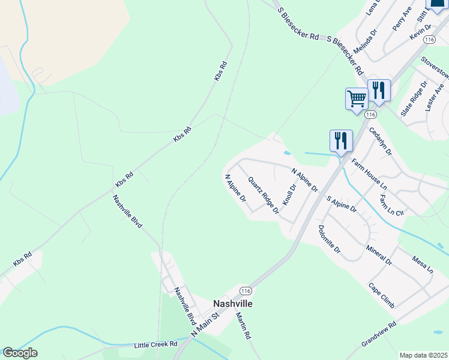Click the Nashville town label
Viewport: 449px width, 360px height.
233,304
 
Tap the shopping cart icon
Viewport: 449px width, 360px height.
357,98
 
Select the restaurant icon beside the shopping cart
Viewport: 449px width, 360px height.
379,90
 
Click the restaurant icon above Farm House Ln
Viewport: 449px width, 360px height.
341,140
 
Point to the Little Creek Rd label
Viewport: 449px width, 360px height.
155,344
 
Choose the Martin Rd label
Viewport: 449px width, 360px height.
243,326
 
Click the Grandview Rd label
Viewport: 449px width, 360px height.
379,334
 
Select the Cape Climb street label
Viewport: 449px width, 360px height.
382,295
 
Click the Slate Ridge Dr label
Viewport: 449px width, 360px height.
414,98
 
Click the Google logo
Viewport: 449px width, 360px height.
20,353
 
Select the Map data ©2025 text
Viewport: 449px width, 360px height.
423,355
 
